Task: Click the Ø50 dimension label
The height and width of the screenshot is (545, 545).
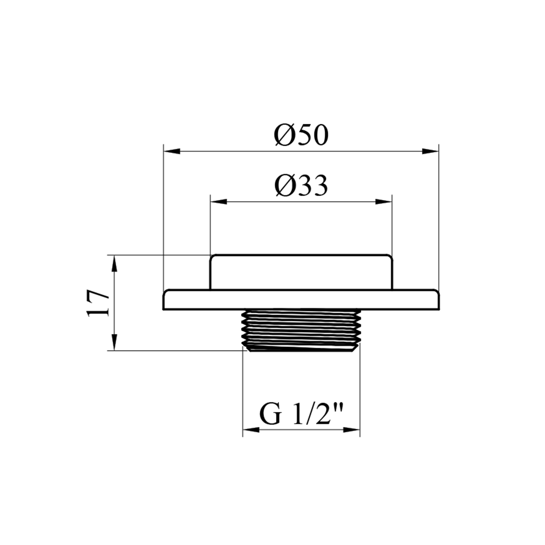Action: (x=301, y=135)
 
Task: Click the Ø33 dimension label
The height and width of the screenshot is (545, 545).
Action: (x=301, y=185)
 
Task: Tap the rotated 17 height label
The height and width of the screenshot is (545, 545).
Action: (x=98, y=303)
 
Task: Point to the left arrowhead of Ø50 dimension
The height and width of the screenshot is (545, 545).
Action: (x=172, y=151)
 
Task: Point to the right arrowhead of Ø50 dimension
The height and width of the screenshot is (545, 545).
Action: (x=430, y=151)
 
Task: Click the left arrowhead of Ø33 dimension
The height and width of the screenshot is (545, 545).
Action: (x=219, y=202)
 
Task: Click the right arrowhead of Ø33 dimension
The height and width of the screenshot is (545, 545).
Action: (x=384, y=202)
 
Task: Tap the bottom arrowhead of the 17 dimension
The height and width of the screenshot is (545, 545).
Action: (x=114, y=342)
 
